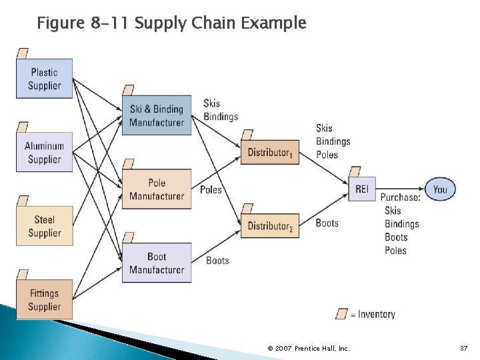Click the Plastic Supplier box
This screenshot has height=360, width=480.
click(x=44, y=79)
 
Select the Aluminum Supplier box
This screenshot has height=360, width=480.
click(x=44, y=153)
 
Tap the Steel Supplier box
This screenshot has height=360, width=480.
click(x=44, y=226)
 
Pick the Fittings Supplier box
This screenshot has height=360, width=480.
click(x=44, y=300)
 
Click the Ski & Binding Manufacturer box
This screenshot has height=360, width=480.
click(x=157, y=115)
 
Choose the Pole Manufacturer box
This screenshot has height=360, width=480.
click(x=157, y=189)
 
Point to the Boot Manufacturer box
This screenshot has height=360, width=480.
click(x=157, y=263)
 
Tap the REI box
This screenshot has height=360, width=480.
click(x=361, y=189)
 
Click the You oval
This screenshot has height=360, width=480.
click(x=440, y=189)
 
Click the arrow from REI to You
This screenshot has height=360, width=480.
click(x=400, y=189)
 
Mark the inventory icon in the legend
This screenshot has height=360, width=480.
click(x=342, y=313)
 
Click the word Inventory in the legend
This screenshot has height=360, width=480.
click(x=377, y=314)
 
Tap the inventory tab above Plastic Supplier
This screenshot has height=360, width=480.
click(x=23, y=53)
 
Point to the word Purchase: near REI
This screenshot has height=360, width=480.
click(x=400, y=197)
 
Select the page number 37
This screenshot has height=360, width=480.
click(x=464, y=349)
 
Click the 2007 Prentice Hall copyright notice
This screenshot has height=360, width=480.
click(x=308, y=349)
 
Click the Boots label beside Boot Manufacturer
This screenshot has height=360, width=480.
click(x=217, y=260)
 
